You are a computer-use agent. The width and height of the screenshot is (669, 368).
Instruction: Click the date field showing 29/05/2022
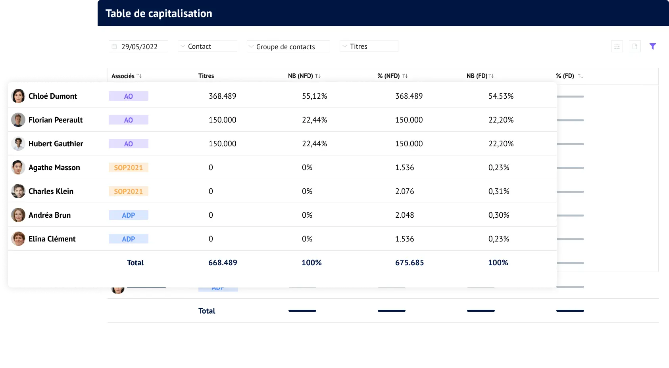138,46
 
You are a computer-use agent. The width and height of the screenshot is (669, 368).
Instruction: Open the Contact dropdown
207,46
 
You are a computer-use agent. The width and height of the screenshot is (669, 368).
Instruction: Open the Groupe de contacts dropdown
288,47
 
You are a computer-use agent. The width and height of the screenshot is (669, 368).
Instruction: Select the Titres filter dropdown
369,46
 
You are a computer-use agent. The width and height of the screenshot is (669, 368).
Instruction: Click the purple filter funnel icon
652,46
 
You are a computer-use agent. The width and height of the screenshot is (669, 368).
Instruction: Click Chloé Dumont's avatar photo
18,96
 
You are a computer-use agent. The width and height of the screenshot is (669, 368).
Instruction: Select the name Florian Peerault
56,120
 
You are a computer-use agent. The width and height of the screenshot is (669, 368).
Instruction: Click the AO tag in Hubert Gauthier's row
128,144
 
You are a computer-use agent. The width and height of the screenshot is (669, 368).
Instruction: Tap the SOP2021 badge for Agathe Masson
128,167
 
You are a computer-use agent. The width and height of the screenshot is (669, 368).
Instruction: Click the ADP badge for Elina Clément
128,239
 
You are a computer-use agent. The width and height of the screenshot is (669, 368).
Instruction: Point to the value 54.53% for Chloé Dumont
501,96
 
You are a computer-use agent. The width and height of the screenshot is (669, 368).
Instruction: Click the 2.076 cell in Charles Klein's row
404,191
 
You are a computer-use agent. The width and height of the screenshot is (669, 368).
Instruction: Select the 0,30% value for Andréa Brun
499,215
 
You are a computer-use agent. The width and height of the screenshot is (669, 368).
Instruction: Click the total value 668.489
223,263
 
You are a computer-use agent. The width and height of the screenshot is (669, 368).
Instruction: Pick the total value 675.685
409,263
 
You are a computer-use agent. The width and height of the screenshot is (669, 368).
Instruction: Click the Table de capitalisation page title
159,13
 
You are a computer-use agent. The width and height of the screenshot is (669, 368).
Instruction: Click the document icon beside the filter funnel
634,46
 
